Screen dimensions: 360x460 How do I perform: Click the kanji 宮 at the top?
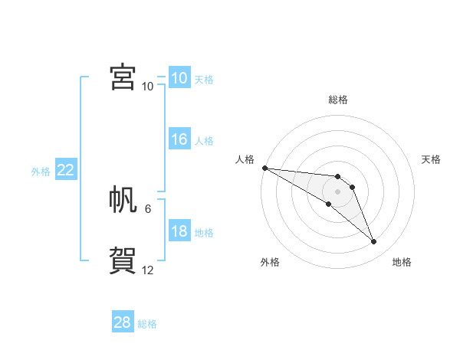(123, 77)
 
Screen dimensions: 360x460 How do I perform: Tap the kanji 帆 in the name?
(123, 199)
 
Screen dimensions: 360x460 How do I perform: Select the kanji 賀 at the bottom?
(123, 260)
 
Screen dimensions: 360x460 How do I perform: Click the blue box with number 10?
(179, 78)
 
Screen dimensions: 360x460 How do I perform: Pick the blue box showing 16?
(179, 139)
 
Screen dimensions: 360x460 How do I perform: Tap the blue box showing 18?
(179, 231)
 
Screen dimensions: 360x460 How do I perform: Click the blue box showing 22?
(65, 170)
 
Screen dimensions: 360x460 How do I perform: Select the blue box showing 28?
(123, 322)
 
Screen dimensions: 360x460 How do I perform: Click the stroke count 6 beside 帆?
(148, 208)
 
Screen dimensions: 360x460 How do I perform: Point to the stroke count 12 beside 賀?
(148, 270)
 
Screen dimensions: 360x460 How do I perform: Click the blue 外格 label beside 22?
(41, 172)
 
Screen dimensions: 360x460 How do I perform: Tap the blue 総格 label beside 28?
(147, 324)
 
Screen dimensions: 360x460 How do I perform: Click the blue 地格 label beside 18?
(204, 233)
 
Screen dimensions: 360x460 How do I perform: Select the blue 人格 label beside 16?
(204, 141)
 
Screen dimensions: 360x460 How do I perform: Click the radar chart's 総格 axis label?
(338, 100)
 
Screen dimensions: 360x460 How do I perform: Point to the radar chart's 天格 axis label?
(431, 159)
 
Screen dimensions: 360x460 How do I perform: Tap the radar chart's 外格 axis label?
(270, 262)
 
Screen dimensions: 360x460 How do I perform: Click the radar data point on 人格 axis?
(264, 168)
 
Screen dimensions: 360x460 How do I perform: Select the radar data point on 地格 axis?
(373, 241)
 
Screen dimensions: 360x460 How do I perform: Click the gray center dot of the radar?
(338, 191)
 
